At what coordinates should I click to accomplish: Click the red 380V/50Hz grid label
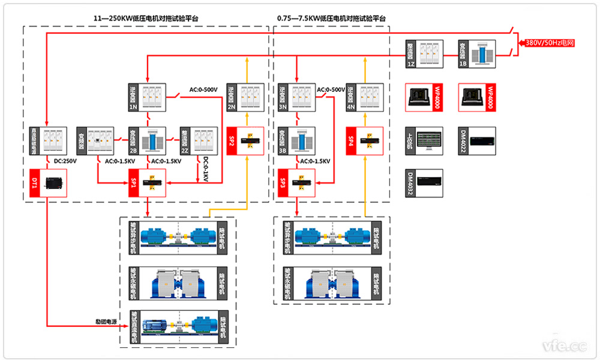coord(550,43)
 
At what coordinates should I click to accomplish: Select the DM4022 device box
coord(478,141)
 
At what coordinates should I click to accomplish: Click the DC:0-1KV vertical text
coord(206,170)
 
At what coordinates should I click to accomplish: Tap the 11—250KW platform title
coord(146,19)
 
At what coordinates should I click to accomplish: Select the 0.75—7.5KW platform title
coord(331,19)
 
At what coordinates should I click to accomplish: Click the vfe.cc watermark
coord(563,346)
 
